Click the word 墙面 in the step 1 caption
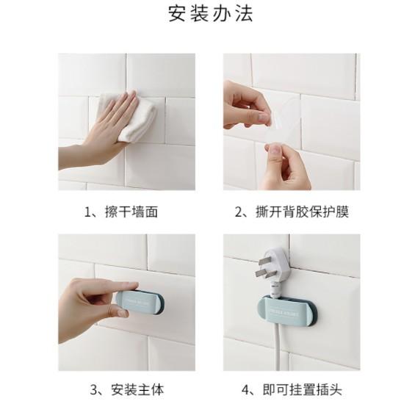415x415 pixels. pos(145,212)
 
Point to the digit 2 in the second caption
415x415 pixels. pos(239,212)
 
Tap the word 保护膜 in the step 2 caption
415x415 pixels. pos(330,212)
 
